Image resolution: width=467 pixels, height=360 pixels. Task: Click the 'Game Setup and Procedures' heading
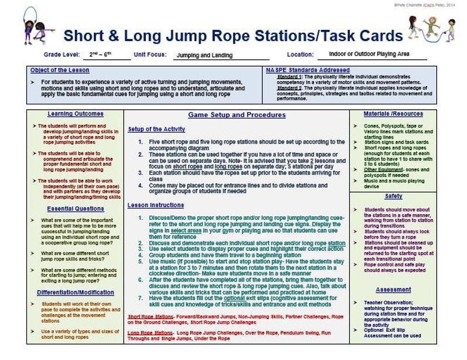(237, 115)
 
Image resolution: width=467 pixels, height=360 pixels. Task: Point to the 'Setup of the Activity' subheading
(156, 129)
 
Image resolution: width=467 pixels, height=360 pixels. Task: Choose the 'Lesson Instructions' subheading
(155, 205)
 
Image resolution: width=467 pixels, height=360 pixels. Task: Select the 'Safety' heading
(393, 196)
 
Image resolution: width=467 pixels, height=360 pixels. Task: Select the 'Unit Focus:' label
(150, 55)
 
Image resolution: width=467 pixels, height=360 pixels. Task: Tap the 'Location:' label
(300, 55)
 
